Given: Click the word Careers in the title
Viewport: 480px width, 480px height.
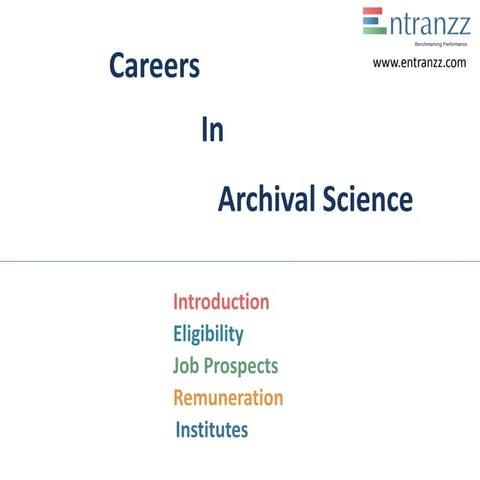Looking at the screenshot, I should pyautogui.click(x=154, y=67).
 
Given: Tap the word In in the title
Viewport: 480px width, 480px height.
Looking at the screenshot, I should pyautogui.click(x=212, y=133).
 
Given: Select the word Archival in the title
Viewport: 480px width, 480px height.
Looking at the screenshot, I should pyautogui.click(x=266, y=200).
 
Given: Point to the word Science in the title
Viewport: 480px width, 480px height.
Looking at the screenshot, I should pyautogui.click(x=367, y=200).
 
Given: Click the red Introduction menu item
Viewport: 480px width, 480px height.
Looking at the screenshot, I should pyautogui.click(x=221, y=302).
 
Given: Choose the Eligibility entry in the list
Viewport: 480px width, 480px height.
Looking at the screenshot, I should pyautogui.click(x=208, y=334).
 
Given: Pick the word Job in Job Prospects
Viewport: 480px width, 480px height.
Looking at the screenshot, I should pyautogui.click(x=187, y=366).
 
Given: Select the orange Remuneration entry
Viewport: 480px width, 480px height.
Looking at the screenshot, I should pyautogui.click(x=228, y=398).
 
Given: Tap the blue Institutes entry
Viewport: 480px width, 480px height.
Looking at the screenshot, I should pyautogui.click(x=212, y=430).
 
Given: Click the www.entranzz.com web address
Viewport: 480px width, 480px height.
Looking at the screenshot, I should pyautogui.click(x=419, y=63).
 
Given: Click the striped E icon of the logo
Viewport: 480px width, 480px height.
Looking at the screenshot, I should pyautogui.click(x=374, y=22).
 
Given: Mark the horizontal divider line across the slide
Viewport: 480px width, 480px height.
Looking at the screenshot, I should pyautogui.click(x=240, y=260).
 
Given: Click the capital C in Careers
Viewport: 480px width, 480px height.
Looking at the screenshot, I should pyautogui.click(x=117, y=67).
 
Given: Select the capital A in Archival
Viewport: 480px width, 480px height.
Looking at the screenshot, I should pyautogui.click(x=227, y=200).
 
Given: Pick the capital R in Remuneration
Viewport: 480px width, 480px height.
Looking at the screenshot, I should pyautogui.click(x=180, y=398).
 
